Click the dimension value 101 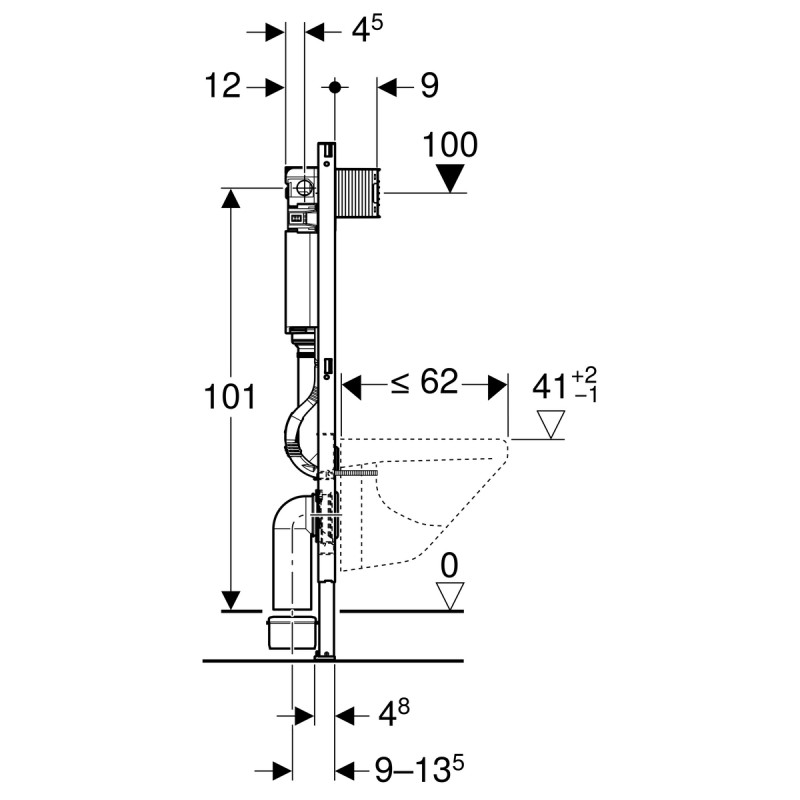tap(229, 397)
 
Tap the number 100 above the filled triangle tap(450, 145)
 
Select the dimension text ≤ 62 tap(424, 381)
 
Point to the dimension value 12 tap(222, 85)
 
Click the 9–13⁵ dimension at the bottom tap(419, 769)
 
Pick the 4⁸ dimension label tap(394, 713)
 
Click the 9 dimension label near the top tap(430, 86)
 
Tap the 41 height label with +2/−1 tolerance tap(564, 386)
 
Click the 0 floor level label tap(449, 566)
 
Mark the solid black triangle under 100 tap(450, 178)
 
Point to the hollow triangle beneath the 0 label tap(449, 596)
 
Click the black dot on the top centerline tap(335, 87)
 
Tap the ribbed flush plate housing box tap(357, 193)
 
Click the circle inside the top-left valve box tap(304, 188)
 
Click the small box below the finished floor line tap(292, 632)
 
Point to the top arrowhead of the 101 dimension tap(231, 198)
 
